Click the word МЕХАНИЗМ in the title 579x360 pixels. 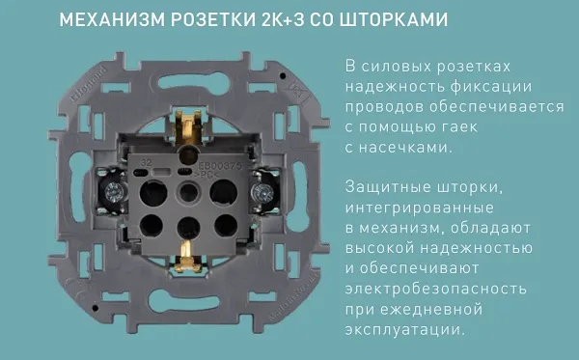[x=112, y=19]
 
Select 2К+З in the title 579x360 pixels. [x=282, y=19]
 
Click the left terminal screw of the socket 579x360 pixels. [x=113, y=192]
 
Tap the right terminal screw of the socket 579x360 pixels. [x=262, y=192]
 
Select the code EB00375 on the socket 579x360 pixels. [x=220, y=166]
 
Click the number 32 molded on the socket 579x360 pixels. [x=146, y=163]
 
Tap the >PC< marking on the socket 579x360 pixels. [x=207, y=175]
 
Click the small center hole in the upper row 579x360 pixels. [x=188, y=192]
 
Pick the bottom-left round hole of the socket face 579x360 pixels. [x=152, y=225]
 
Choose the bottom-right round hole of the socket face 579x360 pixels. [x=226, y=225]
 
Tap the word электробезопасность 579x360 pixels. [x=436, y=289]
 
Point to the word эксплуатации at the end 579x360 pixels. [x=404, y=329]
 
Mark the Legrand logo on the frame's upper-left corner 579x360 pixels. [x=88, y=85]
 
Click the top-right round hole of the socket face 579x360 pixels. [x=224, y=192]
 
